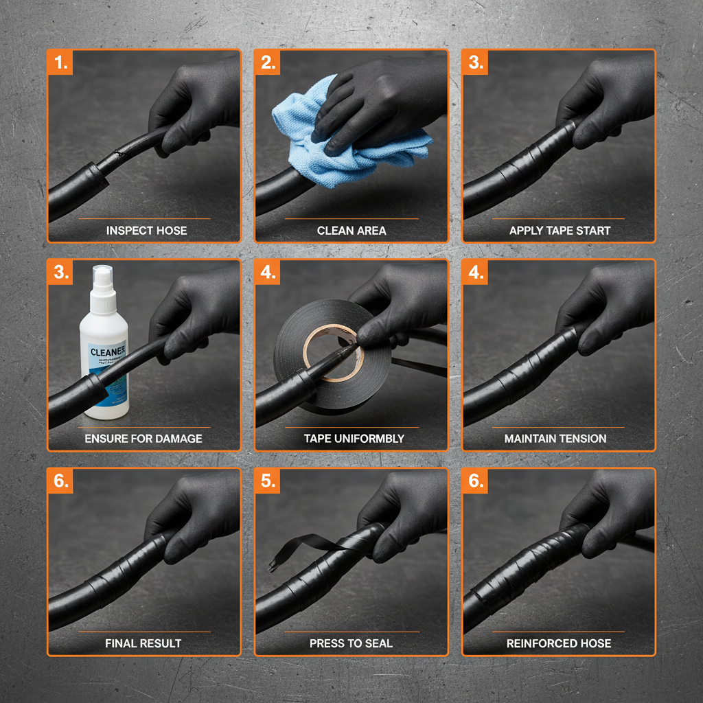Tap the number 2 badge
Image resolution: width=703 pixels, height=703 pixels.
point(268,63)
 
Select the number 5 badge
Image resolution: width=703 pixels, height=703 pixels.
point(268,481)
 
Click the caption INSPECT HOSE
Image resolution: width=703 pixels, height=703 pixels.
point(146,231)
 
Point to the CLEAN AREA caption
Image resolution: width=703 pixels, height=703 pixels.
point(351,231)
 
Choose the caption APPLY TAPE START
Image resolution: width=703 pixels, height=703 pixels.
point(560,231)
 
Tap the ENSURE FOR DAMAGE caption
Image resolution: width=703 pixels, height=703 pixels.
point(143,438)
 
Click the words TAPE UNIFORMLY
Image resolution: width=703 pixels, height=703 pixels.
point(354,438)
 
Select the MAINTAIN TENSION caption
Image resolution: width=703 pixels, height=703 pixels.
point(555,438)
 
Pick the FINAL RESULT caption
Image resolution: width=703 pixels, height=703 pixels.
point(143,643)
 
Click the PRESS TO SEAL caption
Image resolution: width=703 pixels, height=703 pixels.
point(351,643)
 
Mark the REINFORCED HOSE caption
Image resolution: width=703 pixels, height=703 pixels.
point(559,643)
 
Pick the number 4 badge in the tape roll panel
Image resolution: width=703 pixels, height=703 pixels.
point(268,272)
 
